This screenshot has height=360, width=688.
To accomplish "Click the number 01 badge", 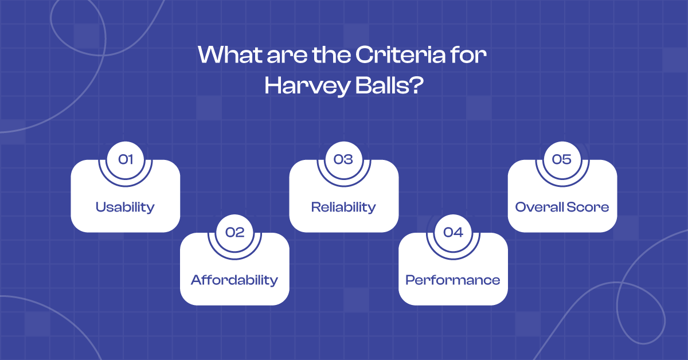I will pyautogui.click(x=125, y=159).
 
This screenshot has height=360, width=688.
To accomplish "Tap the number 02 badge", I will pyautogui.click(x=234, y=232).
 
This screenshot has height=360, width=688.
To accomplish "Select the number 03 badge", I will pyautogui.click(x=343, y=159).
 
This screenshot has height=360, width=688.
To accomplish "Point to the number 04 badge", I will pyautogui.click(x=453, y=232).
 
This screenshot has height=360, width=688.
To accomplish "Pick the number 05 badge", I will pyautogui.click(x=562, y=159).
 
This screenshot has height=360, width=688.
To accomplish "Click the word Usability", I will pyautogui.click(x=125, y=207).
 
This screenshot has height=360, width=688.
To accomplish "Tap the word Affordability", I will pyautogui.click(x=234, y=280).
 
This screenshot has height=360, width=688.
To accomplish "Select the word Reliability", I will pyautogui.click(x=343, y=207).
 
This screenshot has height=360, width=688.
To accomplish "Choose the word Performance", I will pyautogui.click(x=453, y=280).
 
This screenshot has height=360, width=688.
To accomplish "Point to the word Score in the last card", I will pyautogui.click(x=588, y=207).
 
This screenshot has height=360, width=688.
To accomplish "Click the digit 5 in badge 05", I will pyautogui.click(x=567, y=159).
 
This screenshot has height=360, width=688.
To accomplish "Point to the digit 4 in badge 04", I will pyautogui.click(x=458, y=232).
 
